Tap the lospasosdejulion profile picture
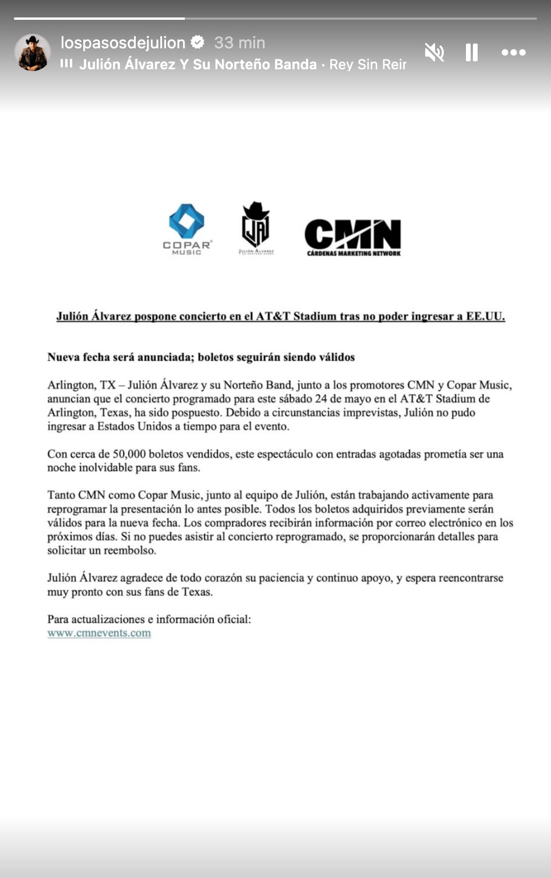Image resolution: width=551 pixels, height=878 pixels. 33,52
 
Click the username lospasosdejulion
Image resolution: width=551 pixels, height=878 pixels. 123,43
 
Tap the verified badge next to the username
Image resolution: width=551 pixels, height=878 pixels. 198,42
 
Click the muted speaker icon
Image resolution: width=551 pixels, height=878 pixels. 434,52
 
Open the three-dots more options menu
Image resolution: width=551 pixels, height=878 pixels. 513,52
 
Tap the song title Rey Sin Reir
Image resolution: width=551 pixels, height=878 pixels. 368,65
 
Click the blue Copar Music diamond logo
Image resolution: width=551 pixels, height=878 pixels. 186,221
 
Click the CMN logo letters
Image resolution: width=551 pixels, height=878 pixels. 353,234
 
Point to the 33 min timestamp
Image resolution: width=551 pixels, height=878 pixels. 239,43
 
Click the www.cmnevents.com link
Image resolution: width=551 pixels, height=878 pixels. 99,633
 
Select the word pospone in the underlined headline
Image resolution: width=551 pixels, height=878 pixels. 155,316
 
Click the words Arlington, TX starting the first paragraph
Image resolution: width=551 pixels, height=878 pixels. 82,385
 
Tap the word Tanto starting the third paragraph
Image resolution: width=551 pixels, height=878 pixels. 61,495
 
